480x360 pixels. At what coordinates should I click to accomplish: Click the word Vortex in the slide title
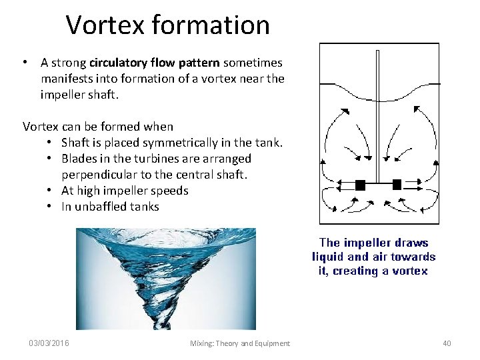[x=104, y=25]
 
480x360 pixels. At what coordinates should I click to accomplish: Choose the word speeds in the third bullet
[x=171, y=191]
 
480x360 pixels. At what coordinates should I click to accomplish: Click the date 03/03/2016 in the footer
[x=49, y=343]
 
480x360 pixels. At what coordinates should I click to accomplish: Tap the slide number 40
[x=447, y=343]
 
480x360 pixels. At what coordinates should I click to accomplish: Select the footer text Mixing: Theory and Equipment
[x=240, y=343]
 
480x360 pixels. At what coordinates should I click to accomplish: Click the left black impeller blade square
[x=360, y=185]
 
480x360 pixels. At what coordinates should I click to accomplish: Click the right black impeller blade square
[x=397, y=184]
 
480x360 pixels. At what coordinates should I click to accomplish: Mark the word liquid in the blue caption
[x=329, y=257]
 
